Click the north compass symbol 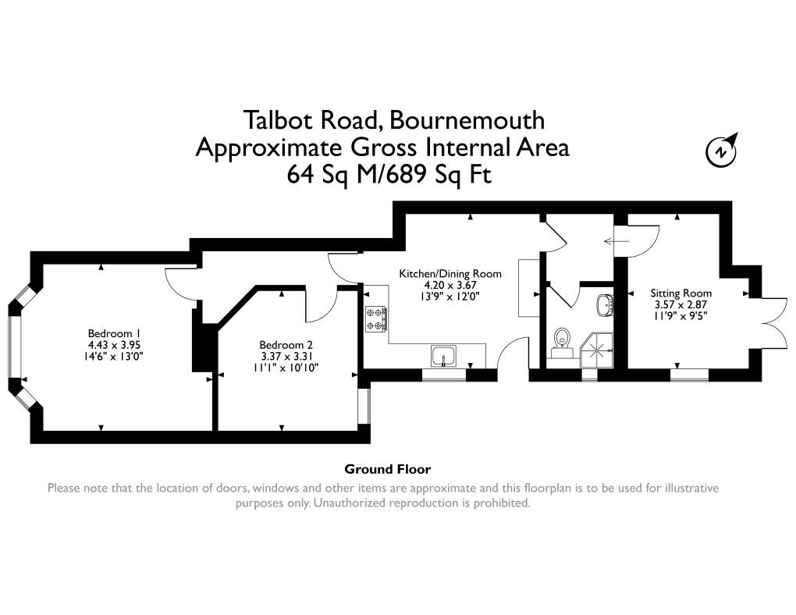point(722,151)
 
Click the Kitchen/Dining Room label point(450,274)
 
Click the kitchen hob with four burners point(376,318)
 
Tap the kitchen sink point(444,356)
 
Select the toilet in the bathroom point(560,341)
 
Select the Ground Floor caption point(388,470)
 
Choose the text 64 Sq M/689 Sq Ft point(389,175)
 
